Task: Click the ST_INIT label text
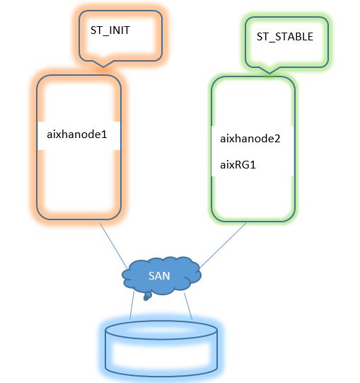pyautogui.click(x=110, y=30)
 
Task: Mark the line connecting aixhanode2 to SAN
pyautogui.click(x=223, y=244)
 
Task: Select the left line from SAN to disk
pyautogui.click(x=132, y=305)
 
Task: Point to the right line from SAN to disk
pyautogui.click(x=188, y=306)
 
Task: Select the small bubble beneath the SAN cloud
pyautogui.click(x=146, y=297)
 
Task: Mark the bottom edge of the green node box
pyautogui.click(x=252, y=219)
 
